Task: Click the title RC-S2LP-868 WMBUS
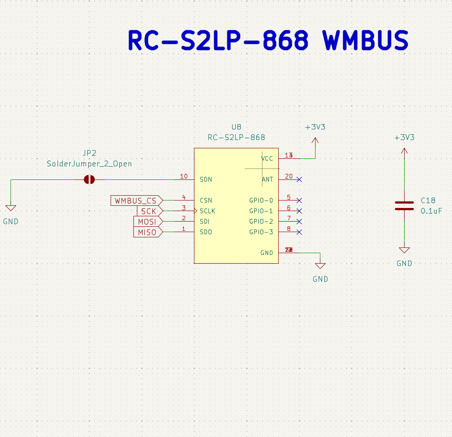268,41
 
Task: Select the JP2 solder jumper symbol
90,179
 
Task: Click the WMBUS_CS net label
136,201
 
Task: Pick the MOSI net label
147,222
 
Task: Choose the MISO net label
147,232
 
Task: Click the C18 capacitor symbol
404,206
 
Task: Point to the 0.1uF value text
431,211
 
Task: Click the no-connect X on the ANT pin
299,179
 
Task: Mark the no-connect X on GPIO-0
299,201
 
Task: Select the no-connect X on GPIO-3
299,232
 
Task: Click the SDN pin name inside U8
206,179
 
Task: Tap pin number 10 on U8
184,176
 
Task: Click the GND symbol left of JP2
11,208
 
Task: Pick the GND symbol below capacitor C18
404,251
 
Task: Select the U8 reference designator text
237,127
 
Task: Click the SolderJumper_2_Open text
90,164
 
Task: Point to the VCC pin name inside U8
267,158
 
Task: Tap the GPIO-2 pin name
261,222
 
